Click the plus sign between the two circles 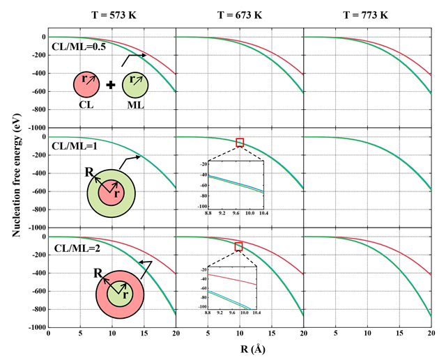110,85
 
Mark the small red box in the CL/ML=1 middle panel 240,143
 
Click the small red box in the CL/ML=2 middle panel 239,246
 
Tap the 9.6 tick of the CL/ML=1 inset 236,212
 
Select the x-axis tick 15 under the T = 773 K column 399,334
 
